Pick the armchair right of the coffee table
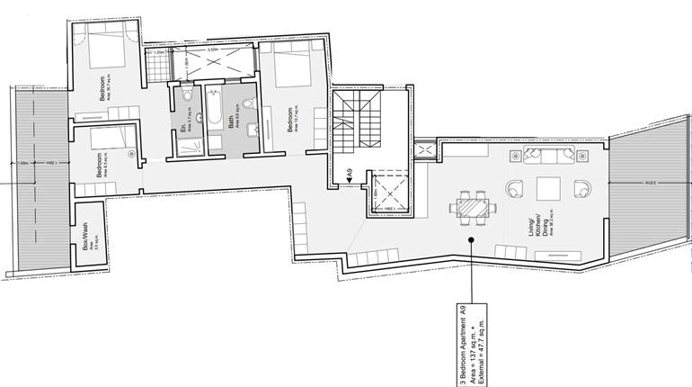coord(583,190)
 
